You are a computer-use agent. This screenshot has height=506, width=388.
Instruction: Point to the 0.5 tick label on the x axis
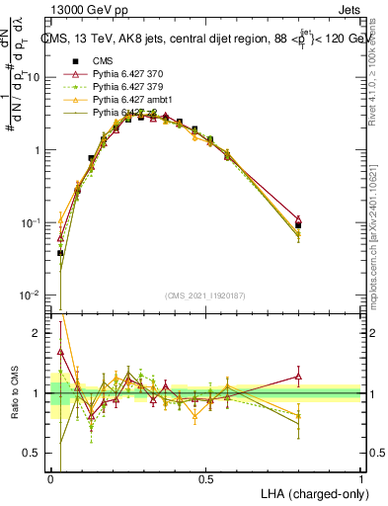pos(205,479)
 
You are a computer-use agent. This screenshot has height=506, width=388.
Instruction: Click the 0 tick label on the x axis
pos(51,479)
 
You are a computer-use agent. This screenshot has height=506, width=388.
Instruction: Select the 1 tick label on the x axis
pos(360,479)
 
